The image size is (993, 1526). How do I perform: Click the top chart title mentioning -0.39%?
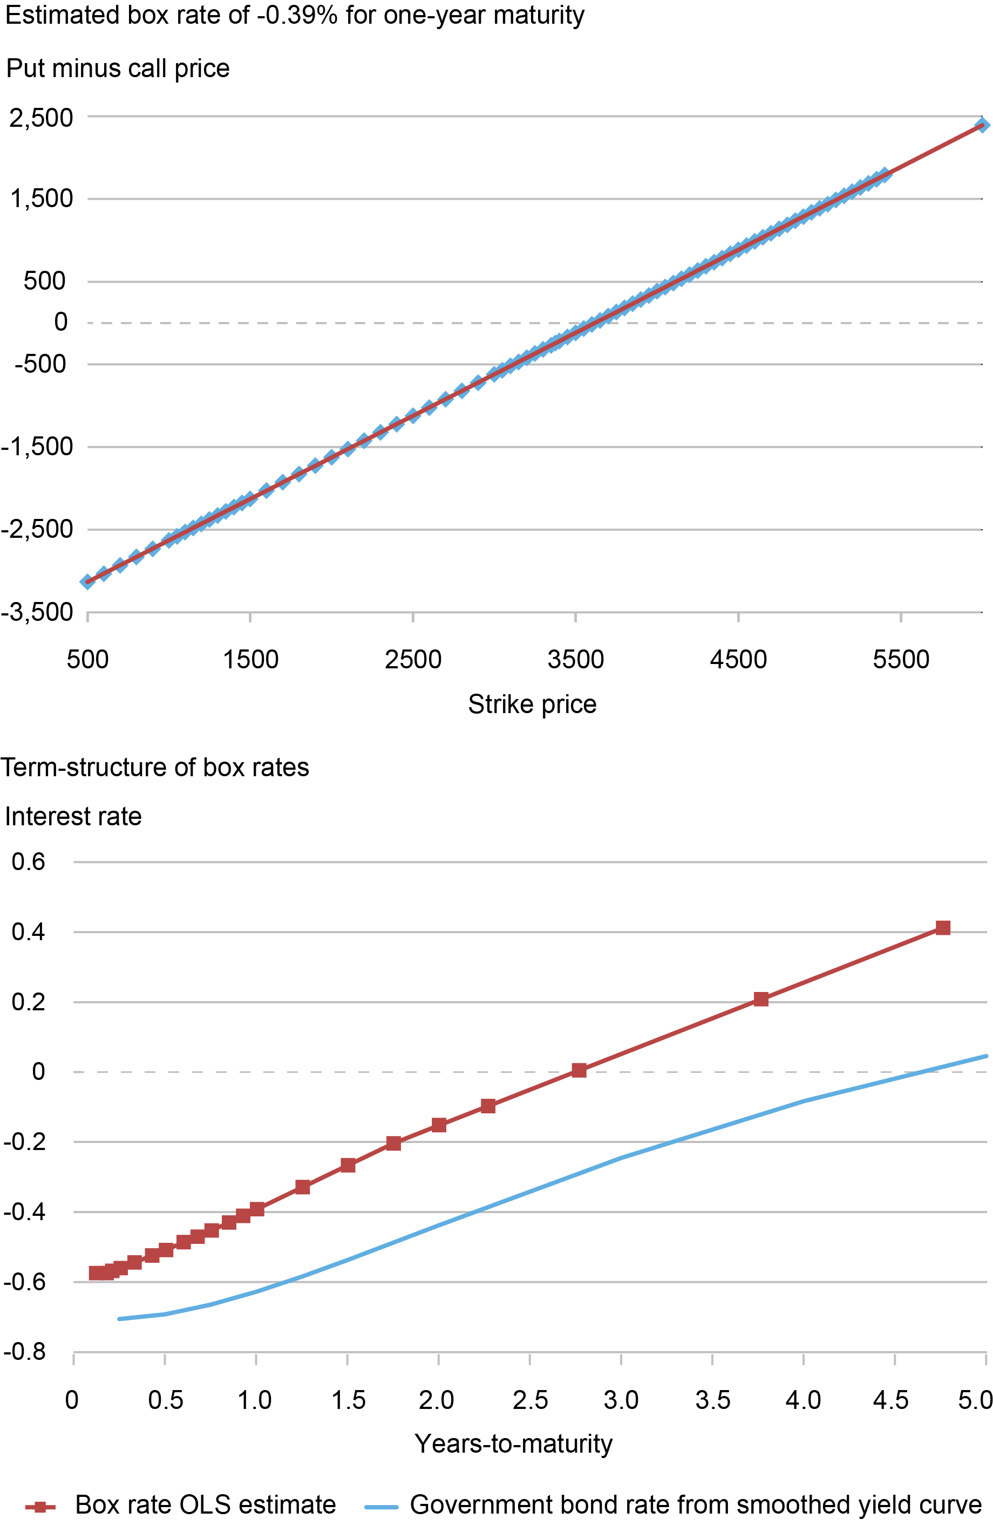(295, 16)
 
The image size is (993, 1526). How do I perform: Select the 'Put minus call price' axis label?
(118, 69)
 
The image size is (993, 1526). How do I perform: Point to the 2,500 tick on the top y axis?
(41, 118)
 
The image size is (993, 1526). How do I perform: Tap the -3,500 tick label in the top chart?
(37, 613)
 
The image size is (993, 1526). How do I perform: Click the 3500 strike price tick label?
(575, 660)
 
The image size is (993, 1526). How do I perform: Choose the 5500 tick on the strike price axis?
(901, 660)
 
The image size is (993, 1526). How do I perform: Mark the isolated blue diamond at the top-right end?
(982, 125)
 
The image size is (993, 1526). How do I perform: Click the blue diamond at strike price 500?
(87, 581)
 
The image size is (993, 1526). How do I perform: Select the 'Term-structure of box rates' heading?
(154, 768)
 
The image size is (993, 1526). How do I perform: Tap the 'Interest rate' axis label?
(73, 817)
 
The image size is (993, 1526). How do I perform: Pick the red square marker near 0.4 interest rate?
(942, 928)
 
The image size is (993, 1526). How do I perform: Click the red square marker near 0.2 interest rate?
(761, 999)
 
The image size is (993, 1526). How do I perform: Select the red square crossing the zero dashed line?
(579, 1070)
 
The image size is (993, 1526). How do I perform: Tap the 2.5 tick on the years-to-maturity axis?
(530, 1400)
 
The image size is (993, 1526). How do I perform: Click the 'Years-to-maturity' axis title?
(513, 1444)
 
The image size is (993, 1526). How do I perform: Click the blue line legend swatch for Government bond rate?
(381, 1506)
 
